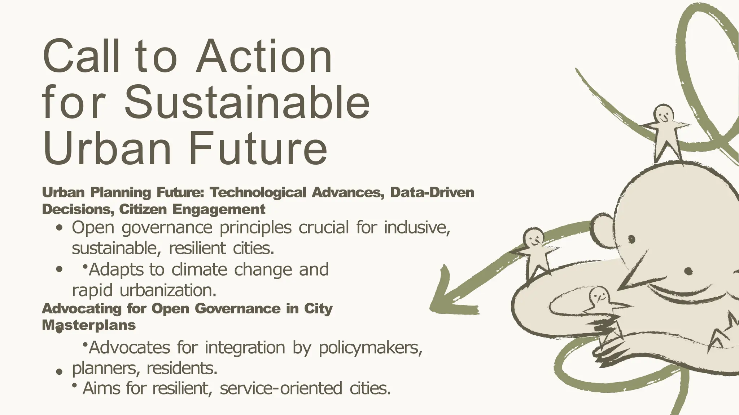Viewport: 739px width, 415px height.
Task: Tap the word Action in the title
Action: [264, 57]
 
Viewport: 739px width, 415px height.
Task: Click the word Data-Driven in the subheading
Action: [432, 193]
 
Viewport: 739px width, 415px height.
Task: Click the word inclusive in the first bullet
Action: [417, 227]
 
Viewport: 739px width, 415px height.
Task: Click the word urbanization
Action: [168, 290]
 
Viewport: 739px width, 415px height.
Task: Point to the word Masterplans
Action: [89, 325]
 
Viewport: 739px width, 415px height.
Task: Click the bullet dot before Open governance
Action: [60, 228]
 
